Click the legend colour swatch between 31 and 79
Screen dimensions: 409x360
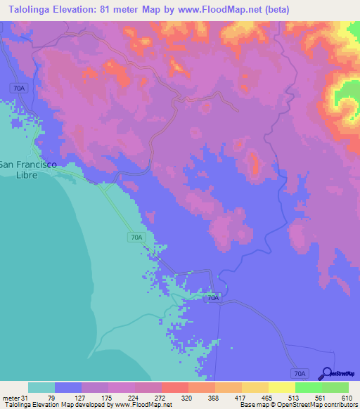41,387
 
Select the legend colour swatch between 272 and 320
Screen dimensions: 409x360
174,387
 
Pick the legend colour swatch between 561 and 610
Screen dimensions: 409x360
335,387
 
